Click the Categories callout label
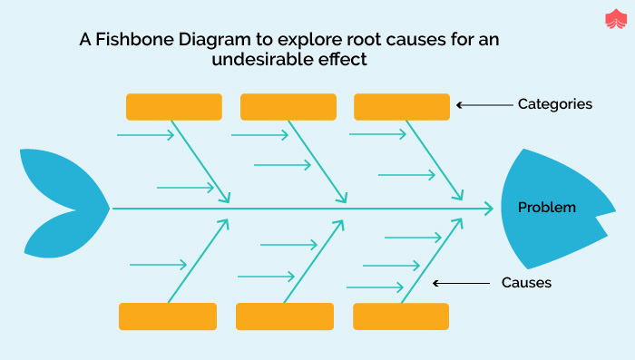click(554, 104)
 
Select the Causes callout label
click(526, 283)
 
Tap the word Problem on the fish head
click(546, 208)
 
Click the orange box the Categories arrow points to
click(401, 106)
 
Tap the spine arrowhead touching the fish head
click(488, 209)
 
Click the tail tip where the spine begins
click(109, 208)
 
